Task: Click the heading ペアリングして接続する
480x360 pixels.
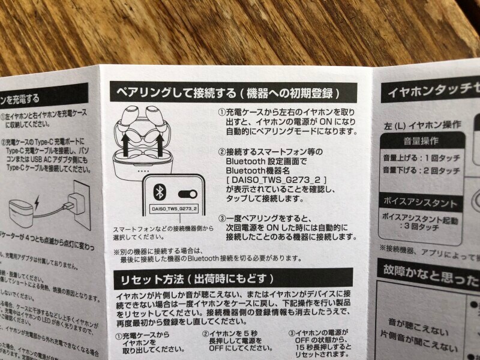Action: (x=173, y=94)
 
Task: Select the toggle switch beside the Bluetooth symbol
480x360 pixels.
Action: (x=188, y=193)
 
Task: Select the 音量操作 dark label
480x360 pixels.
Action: (x=419, y=142)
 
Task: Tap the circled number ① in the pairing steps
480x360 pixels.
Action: (x=221, y=112)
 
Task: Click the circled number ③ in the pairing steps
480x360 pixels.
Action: (x=221, y=218)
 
